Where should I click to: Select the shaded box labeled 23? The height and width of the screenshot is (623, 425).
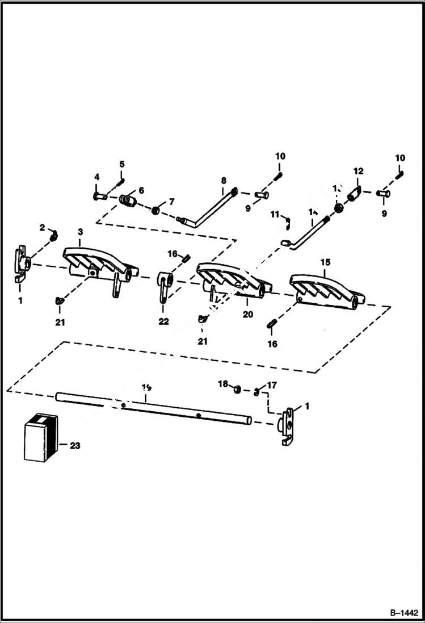pos(40,436)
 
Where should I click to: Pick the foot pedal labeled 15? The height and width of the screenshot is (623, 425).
pos(326,288)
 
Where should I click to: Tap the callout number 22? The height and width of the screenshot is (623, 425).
pos(164,321)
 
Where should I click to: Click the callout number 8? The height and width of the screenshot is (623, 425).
pos(224,181)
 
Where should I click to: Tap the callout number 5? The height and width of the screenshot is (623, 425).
pos(121,164)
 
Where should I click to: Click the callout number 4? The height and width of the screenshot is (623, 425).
pos(96,177)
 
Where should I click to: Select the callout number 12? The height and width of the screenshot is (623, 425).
pos(358,170)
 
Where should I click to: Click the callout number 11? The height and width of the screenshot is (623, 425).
pos(275,214)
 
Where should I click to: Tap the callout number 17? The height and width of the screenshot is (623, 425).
pos(272,385)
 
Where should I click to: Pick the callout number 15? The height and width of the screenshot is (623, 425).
pos(325,264)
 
